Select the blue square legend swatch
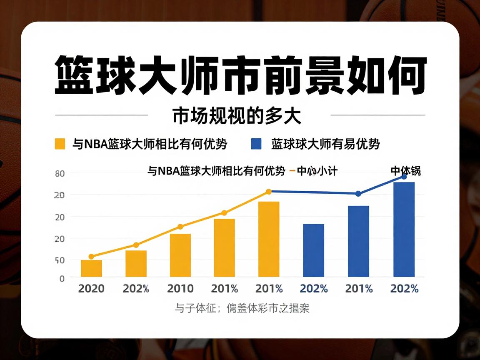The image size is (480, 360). click(x=256, y=144)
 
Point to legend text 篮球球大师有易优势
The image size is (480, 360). click(x=325, y=144)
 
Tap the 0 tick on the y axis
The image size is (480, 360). click(x=62, y=278)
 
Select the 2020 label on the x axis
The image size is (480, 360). click(x=91, y=288)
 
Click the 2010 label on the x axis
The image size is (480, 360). click(x=180, y=288)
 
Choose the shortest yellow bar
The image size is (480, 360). click(x=91, y=268)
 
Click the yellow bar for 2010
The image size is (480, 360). click(x=180, y=255)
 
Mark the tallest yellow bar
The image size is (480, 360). click(x=269, y=239)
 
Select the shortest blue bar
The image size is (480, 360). click(x=313, y=250)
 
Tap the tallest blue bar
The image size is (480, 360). click(x=404, y=229)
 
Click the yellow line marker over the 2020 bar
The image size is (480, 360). click(x=91, y=257)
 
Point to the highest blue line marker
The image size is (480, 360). click(x=404, y=177)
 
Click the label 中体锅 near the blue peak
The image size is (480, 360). click(x=405, y=170)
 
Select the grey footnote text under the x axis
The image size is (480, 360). click(x=242, y=309)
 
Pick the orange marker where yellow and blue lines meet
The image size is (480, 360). click(x=269, y=192)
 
